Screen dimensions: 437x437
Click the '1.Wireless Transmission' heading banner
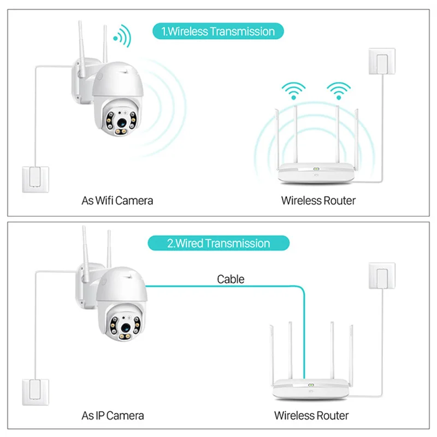point(221,31)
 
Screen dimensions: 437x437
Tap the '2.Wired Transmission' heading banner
point(218,243)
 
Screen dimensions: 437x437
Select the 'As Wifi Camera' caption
point(117,200)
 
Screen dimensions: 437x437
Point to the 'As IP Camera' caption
point(113,416)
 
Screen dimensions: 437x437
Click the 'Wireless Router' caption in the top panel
point(318,200)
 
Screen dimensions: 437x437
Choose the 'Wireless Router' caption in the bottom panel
point(311,416)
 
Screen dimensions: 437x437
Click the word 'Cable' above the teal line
point(231,279)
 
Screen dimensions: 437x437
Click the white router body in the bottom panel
point(310,388)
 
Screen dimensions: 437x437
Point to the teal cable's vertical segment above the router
point(304,333)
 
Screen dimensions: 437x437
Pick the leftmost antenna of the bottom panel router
point(271,350)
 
